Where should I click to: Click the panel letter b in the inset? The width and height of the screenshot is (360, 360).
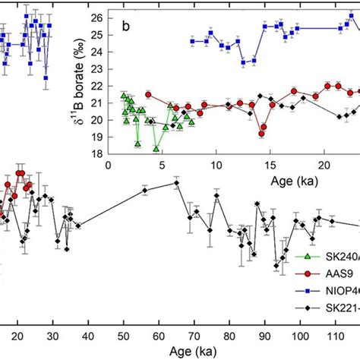[126, 28]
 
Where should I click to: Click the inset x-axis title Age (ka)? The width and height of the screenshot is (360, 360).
[295, 181]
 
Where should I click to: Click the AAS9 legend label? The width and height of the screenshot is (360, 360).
[335, 275]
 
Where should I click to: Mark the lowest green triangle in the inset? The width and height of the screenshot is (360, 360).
[156, 149]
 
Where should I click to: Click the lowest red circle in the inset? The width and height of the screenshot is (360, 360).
[261, 134]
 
